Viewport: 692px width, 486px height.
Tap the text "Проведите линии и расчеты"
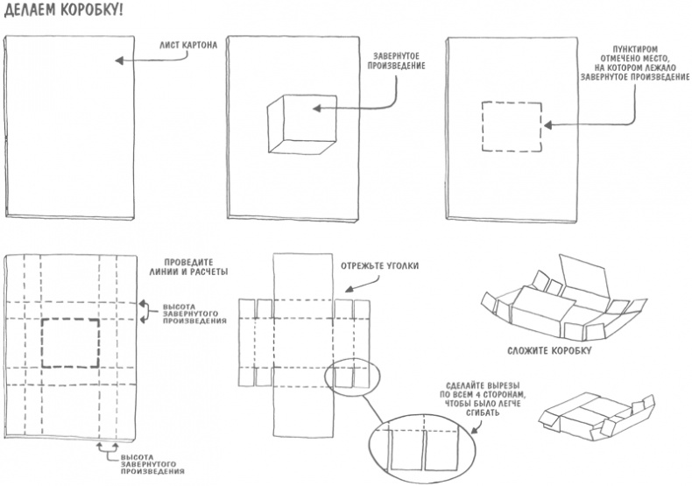(196, 265)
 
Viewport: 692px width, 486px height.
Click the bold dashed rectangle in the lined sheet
(70, 342)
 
